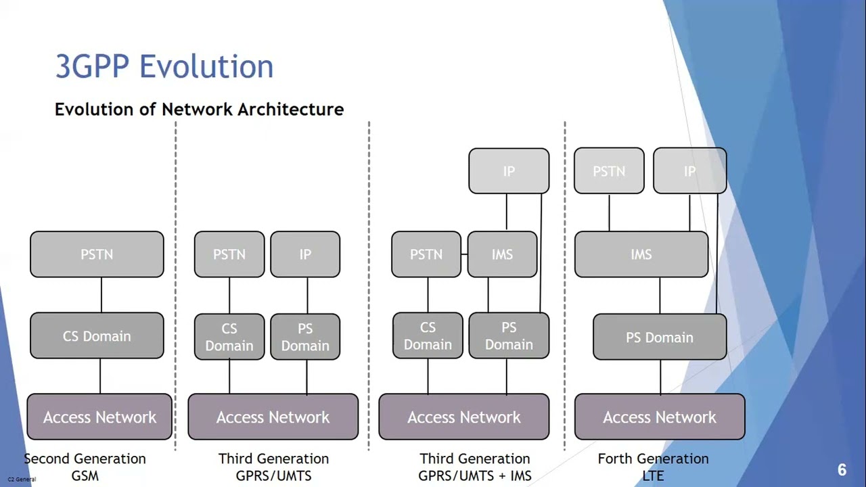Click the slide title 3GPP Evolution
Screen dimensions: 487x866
pyautogui.click(x=164, y=67)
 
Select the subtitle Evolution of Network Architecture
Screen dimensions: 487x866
pyautogui.click(x=199, y=110)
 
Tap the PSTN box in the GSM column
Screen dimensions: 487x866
pyautogui.click(x=97, y=254)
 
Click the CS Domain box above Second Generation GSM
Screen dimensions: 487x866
pyautogui.click(x=97, y=336)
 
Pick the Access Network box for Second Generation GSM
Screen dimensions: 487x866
pyautogui.click(x=99, y=417)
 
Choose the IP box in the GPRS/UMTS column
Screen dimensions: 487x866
pyautogui.click(x=305, y=254)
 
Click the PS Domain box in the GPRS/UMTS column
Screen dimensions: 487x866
pyautogui.click(x=305, y=337)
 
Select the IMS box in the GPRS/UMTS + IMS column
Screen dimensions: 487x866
pyautogui.click(x=502, y=254)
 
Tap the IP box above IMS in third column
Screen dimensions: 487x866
pyautogui.click(x=509, y=171)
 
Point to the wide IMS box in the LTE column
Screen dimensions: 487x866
pyautogui.click(x=641, y=254)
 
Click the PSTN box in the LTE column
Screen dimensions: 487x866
pyautogui.click(x=609, y=171)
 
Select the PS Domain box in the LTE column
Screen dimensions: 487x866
pyautogui.click(x=660, y=338)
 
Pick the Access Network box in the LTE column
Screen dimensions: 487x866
pyautogui.click(x=660, y=417)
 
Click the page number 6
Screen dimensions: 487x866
pyautogui.click(x=842, y=470)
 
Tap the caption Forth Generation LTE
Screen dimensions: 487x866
pyautogui.click(x=653, y=467)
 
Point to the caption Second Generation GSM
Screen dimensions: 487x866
pyautogui.click(x=85, y=467)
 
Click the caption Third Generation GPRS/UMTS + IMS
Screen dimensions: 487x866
pyautogui.click(x=475, y=467)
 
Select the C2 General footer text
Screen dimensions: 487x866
pyautogui.click(x=22, y=479)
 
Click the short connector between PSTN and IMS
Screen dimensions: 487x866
pyautogui.click(x=465, y=254)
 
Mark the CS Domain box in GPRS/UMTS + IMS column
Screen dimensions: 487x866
pyautogui.click(x=428, y=336)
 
